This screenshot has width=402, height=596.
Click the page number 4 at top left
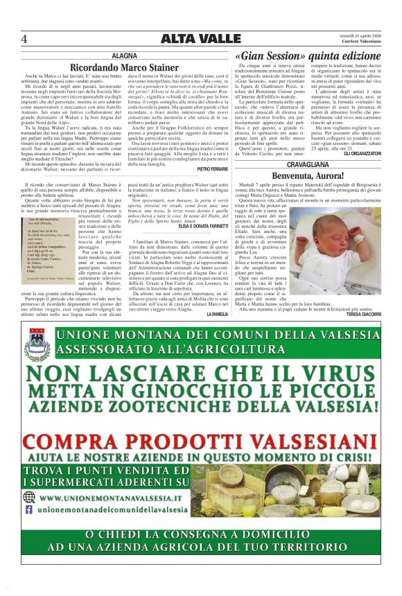[x=24, y=39]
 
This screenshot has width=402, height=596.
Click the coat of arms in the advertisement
[x=38, y=344]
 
